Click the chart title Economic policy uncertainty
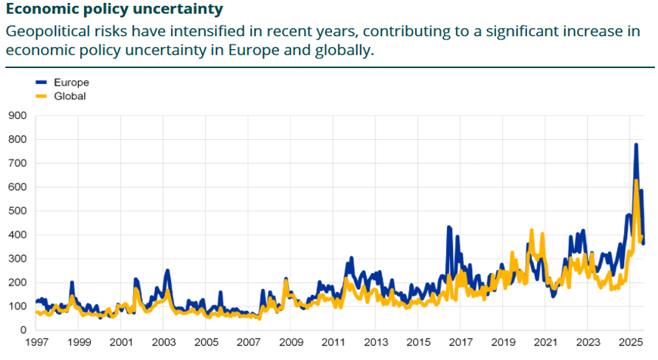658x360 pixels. click(114, 10)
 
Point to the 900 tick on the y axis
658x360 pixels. click(17, 116)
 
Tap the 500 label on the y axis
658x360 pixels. click(17, 211)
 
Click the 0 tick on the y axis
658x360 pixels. click(23, 331)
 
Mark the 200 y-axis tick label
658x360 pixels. click(17, 283)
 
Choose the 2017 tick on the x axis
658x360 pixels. click(458, 343)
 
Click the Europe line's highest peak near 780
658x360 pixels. click(636, 144)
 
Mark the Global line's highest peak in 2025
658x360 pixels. click(637, 180)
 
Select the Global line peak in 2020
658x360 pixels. click(532, 230)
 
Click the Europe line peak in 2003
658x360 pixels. click(167, 270)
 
